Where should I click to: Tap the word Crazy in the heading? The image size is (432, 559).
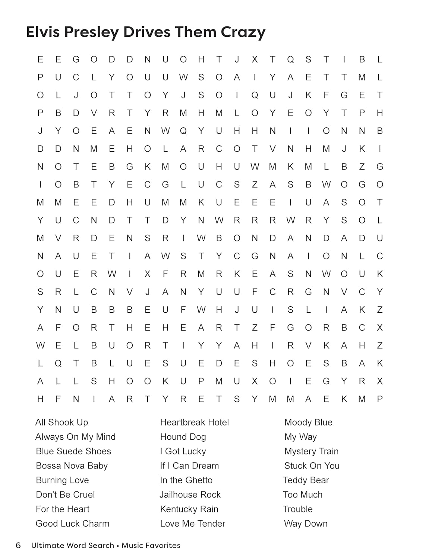(x=243, y=33)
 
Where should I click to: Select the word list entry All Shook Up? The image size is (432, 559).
(x=62, y=422)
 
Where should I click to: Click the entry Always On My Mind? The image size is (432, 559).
(x=75, y=437)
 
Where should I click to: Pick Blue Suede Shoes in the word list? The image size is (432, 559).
(x=73, y=451)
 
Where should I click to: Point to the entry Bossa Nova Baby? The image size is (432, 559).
(x=72, y=466)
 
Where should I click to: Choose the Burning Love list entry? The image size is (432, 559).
(x=62, y=480)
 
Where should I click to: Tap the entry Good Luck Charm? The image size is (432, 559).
(x=73, y=524)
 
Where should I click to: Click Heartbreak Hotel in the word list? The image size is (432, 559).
(x=194, y=422)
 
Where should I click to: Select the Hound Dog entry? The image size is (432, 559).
(x=183, y=437)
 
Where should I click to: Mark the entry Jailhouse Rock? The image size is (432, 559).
(x=190, y=495)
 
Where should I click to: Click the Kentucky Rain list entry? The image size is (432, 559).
(x=189, y=509)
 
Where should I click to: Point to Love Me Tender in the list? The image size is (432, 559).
(x=192, y=524)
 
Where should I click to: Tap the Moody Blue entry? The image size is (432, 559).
(x=308, y=422)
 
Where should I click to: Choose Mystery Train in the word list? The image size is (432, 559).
(x=311, y=451)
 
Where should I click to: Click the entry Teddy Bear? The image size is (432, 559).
(x=306, y=480)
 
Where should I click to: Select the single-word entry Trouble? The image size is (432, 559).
(x=298, y=509)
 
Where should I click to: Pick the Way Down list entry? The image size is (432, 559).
(x=306, y=524)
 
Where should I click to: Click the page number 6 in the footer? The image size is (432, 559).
(x=18, y=546)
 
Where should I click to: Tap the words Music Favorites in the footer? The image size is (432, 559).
(x=151, y=546)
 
